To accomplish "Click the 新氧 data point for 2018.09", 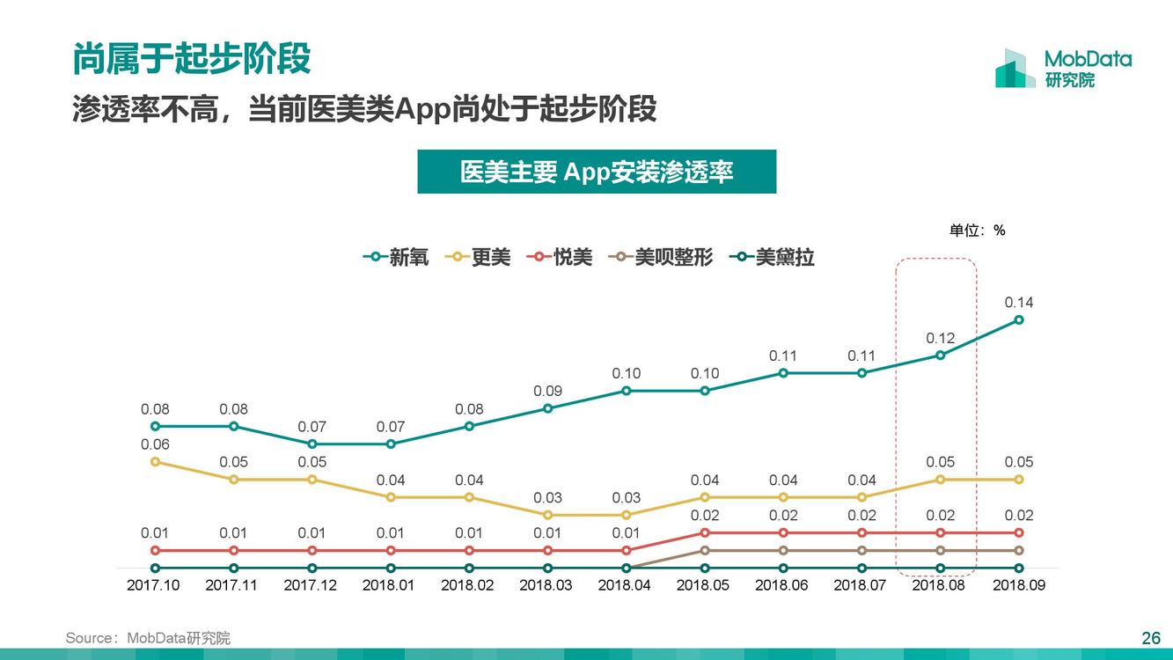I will [x=1019, y=319].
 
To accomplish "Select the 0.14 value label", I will [x=1019, y=303].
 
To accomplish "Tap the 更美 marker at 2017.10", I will [x=155, y=461].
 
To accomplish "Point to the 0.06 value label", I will [x=155, y=444].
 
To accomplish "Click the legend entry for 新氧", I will [x=396, y=257].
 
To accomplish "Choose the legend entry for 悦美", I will [x=560, y=257].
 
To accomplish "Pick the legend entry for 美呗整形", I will [x=661, y=257].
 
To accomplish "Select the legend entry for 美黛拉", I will [x=773, y=257].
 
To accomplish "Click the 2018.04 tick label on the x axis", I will [x=624, y=585].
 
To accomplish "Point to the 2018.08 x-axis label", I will [x=938, y=585].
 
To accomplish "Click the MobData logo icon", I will [x=1015, y=69].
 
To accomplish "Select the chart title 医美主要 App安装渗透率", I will [x=597, y=172].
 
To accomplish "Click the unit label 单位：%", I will [x=977, y=231].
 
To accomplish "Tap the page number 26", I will [x=1151, y=638].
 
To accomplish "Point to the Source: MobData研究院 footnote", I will [x=148, y=638].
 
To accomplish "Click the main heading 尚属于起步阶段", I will [x=192, y=59].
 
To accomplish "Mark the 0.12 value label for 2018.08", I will [x=940, y=338].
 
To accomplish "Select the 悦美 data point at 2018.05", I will [x=705, y=532].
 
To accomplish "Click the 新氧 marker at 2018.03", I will [x=547, y=408].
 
